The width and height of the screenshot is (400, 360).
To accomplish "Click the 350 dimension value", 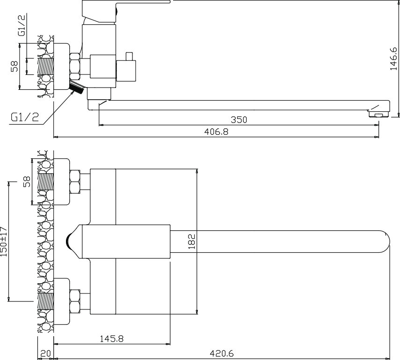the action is pyautogui.click(x=239, y=119).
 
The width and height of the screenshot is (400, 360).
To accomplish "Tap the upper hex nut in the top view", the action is pyautogui.click(x=74, y=182).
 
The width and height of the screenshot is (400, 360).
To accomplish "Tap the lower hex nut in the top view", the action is pyautogui.click(x=74, y=301).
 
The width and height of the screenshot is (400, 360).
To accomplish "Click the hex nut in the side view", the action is pyautogui.click(x=75, y=66).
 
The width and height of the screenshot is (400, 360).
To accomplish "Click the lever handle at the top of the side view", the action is pyautogui.click(x=125, y=4).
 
